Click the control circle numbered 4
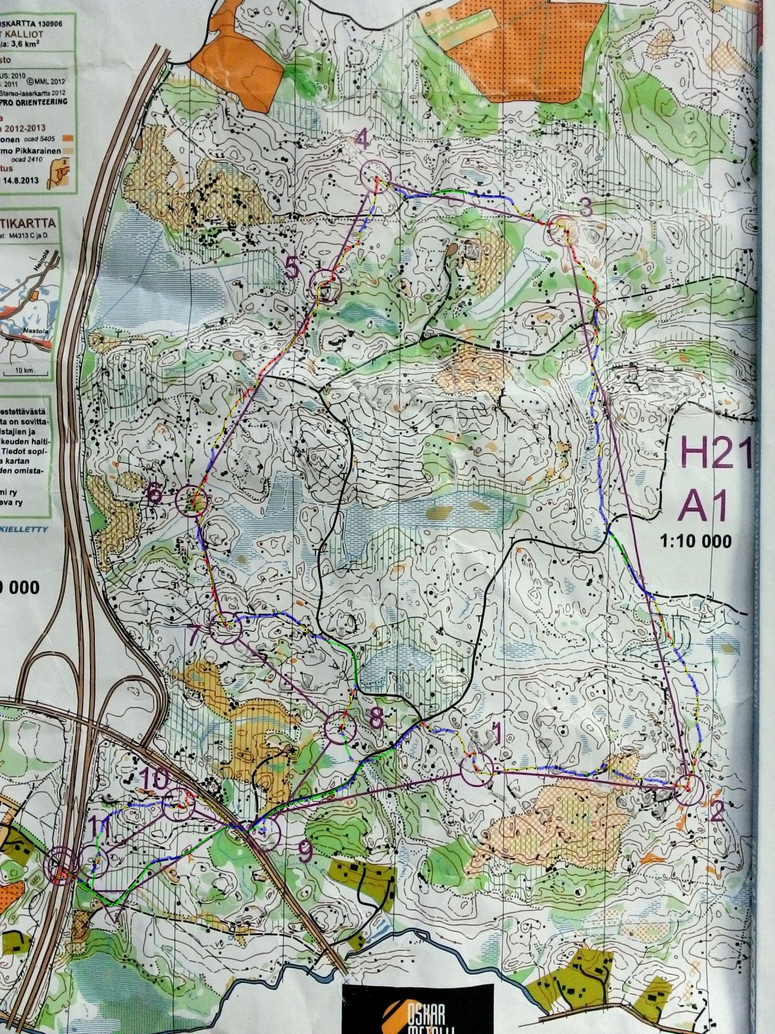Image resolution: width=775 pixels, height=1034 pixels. (374, 175)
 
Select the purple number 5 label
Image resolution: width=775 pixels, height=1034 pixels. (294, 267)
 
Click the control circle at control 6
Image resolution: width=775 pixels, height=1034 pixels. (191, 500)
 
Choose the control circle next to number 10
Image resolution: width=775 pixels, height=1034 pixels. (180, 805)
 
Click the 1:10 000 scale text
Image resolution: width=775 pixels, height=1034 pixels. (695, 541)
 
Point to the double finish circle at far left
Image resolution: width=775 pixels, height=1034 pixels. (62, 864)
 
